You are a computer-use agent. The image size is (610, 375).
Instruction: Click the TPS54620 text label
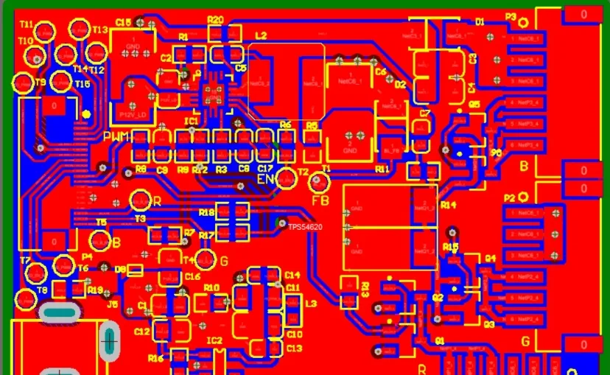pyautogui.click(x=304, y=228)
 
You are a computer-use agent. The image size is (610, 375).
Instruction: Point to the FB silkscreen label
pyautogui.click(x=320, y=200)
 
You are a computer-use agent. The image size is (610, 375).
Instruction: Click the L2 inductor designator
pyautogui.click(x=261, y=35)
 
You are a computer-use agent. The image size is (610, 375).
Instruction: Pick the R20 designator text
pyautogui.click(x=215, y=19)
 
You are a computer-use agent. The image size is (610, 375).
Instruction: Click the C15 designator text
pyautogui.click(x=123, y=23)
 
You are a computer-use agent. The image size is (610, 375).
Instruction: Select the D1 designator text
pyautogui.click(x=480, y=22)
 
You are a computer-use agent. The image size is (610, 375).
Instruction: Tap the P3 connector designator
pyautogui.click(x=511, y=16)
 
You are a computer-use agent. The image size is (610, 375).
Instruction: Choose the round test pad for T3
pyautogui.click(x=139, y=200)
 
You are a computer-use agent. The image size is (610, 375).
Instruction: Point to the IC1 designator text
pyautogui.click(x=192, y=120)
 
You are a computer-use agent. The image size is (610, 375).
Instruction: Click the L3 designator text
pyautogui.click(x=311, y=304)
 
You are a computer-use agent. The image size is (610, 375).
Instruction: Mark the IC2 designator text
pyautogui.click(x=214, y=340)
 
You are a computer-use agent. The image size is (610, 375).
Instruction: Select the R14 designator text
pyautogui.click(x=448, y=205)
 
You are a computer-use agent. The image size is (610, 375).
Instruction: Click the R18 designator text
pyautogui.click(x=207, y=212)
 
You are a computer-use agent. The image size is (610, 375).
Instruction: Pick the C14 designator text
pyautogui.click(x=292, y=275)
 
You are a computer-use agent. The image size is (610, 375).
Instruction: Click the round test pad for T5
pyautogui.click(x=99, y=240)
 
